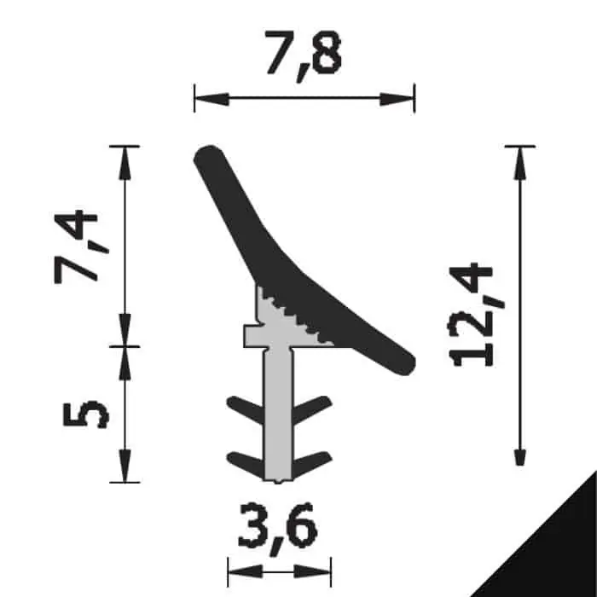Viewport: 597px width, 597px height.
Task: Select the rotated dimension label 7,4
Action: point(76,246)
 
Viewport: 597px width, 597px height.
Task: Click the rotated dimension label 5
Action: point(85,414)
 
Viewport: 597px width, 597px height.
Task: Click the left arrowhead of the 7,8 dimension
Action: point(212,99)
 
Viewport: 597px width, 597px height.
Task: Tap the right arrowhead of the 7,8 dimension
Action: point(397,99)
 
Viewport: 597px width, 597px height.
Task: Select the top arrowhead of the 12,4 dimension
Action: point(520,163)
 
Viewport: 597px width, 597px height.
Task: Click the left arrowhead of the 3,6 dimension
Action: point(245,571)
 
